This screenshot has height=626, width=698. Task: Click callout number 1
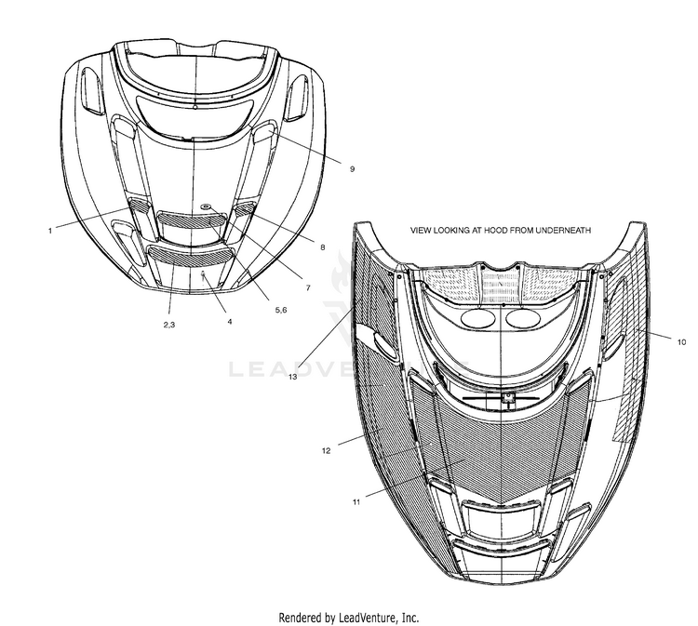49,231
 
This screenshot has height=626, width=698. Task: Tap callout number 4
229,321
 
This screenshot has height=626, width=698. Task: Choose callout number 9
353,168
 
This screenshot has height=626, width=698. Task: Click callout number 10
681,342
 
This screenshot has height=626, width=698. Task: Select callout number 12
327,450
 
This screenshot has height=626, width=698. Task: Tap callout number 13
292,378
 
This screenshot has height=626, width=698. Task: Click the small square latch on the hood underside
509,397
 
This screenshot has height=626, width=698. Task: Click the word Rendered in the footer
304,617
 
